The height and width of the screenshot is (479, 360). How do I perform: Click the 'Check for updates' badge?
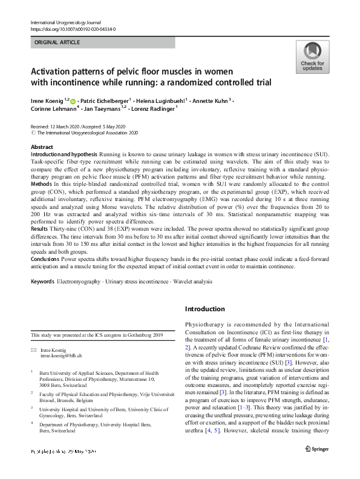pyautogui.click(x=312, y=57)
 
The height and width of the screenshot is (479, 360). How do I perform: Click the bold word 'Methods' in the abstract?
pyautogui.click(x=42, y=182)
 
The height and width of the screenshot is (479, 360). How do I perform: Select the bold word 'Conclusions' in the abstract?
pyautogui.click(x=46, y=258)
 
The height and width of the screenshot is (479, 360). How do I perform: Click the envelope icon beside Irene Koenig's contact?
pyautogui.click(x=34, y=351)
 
